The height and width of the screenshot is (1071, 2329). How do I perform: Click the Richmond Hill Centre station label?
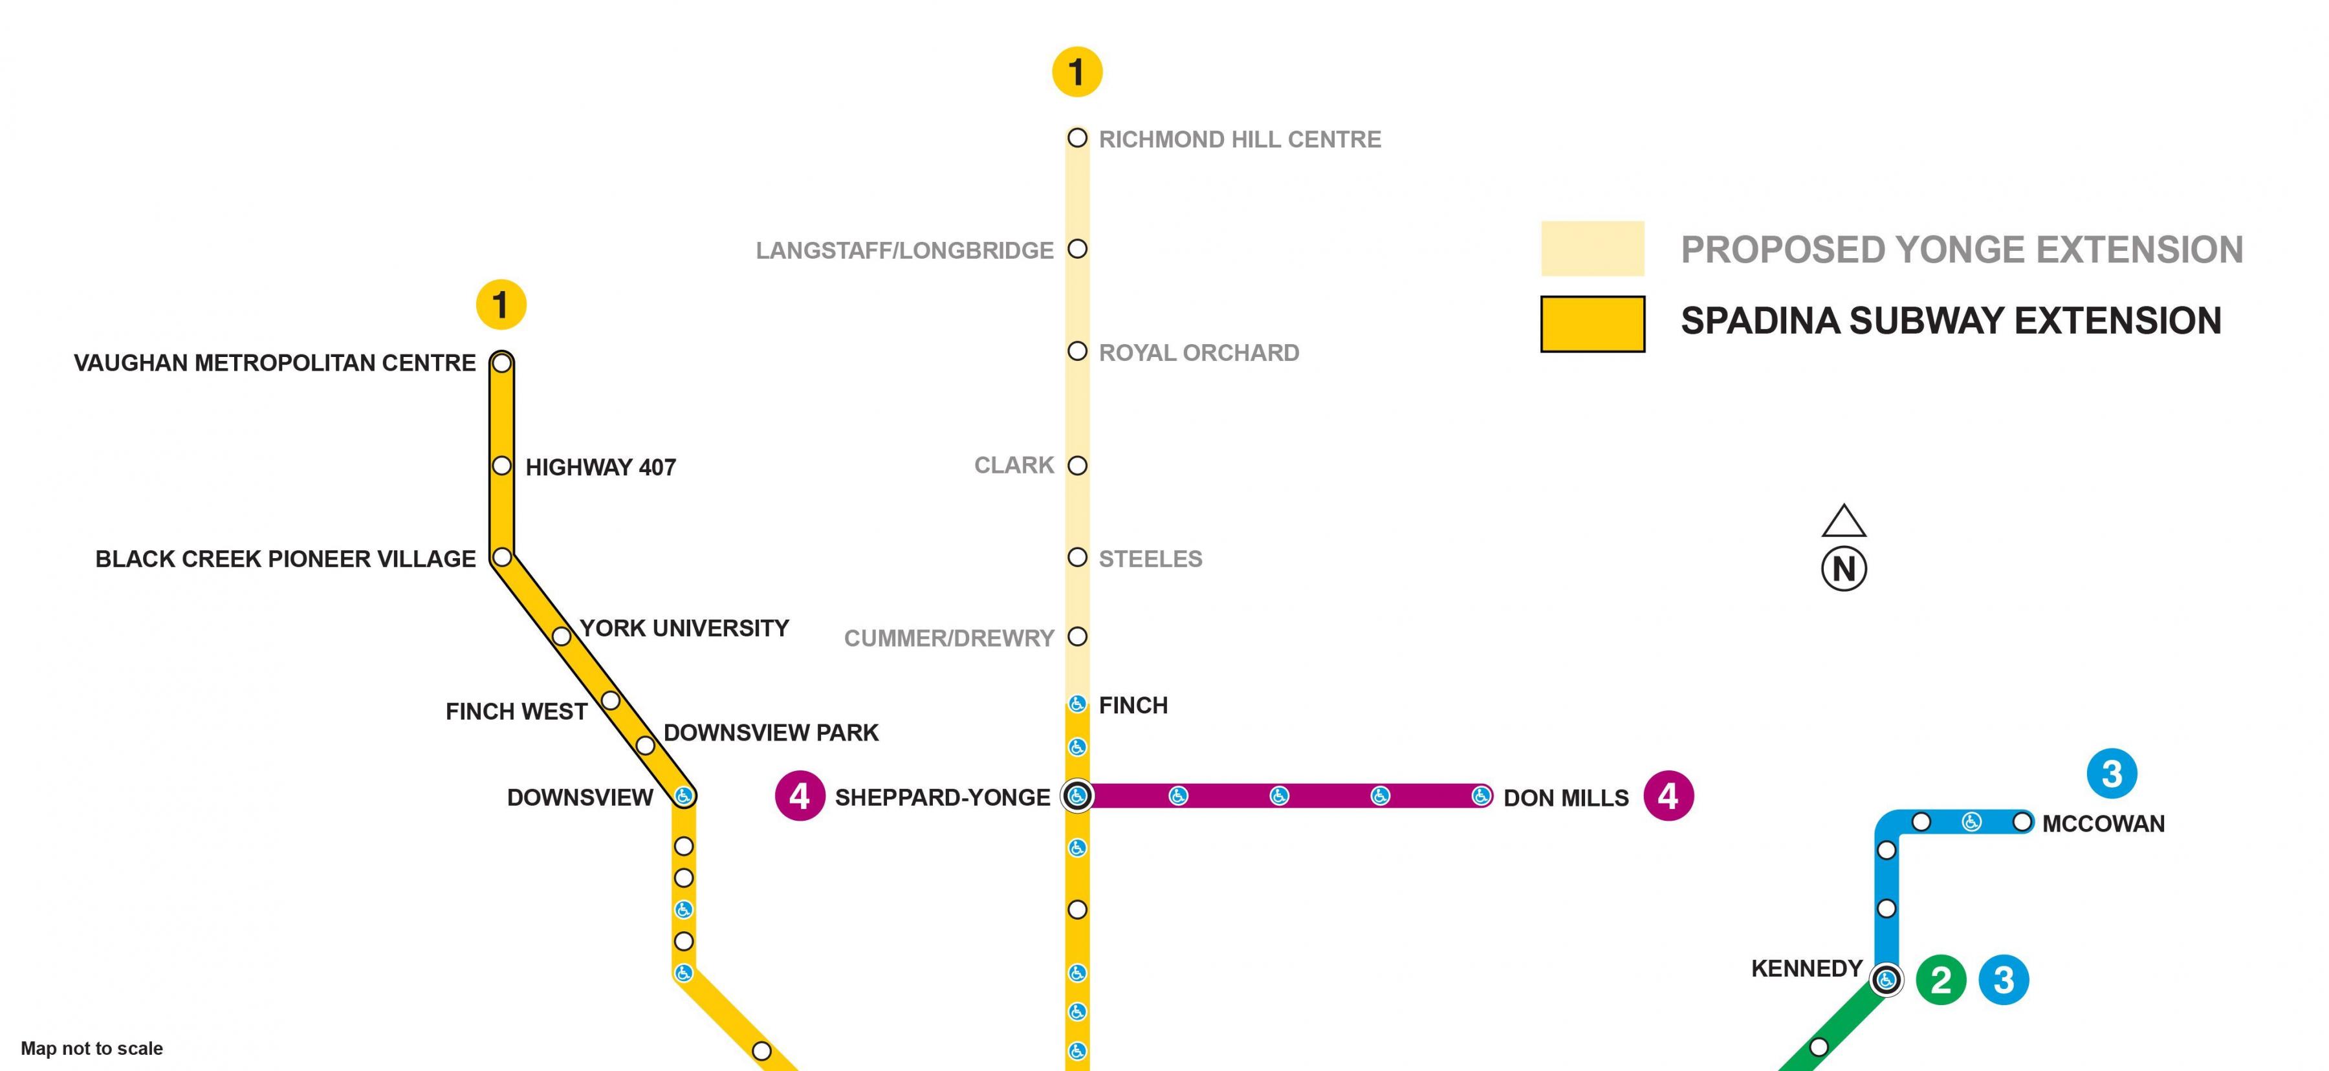click(1240, 139)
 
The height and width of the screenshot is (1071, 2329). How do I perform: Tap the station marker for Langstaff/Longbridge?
click(1077, 248)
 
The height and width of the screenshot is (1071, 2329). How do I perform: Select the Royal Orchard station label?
click(1199, 352)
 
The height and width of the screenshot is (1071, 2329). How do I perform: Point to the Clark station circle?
click(1077, 466)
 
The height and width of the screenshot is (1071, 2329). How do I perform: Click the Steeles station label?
click(1150, 559)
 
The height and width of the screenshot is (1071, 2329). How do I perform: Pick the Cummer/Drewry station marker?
click(1077, 636)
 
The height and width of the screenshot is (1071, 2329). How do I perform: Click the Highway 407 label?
click(600, 467)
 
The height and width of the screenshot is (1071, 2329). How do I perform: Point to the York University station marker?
click(562, 636)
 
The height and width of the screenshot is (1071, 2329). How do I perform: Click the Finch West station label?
click(516, 711)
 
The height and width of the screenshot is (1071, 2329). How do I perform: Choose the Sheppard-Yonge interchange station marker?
click(1077, 795)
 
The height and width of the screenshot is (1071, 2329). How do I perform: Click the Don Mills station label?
click(1566, 798)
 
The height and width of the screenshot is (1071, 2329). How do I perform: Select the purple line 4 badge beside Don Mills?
click(1668, 795)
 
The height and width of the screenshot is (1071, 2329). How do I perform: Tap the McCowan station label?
click(2103, 824)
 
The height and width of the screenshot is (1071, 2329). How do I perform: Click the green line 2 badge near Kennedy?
click(1940, 980)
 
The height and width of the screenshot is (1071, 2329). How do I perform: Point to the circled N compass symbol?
click(1844, 568)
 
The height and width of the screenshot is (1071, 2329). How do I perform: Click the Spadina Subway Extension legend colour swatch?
click(1592, 323)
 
